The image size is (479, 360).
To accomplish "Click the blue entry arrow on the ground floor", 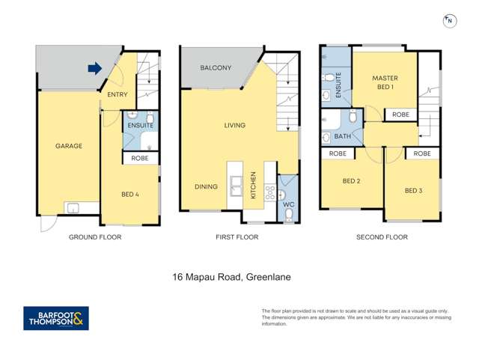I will pos(94,69).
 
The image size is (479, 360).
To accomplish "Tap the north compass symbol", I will pos(448,21).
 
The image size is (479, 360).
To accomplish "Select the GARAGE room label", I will pos(68,146).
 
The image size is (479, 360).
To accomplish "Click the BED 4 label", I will pos(130,195).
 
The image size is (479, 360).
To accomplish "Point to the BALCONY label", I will pos(216,68).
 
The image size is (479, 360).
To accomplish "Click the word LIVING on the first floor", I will pos(234,125).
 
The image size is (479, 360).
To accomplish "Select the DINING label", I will pos(207,187).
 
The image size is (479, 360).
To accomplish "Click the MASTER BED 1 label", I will pos(385,83).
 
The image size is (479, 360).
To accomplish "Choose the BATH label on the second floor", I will pos(342,137).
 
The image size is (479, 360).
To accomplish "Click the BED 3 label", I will pos(413,191).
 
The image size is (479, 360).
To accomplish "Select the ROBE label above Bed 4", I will pos(140,159).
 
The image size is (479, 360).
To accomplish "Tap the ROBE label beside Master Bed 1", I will pos(400,115).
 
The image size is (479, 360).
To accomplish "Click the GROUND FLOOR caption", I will pos(95,237).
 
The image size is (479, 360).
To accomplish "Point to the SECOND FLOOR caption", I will pos(382,237).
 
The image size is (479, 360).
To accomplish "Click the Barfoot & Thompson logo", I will pos(56,319).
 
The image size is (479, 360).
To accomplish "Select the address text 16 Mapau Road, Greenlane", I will pos(231,277).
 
